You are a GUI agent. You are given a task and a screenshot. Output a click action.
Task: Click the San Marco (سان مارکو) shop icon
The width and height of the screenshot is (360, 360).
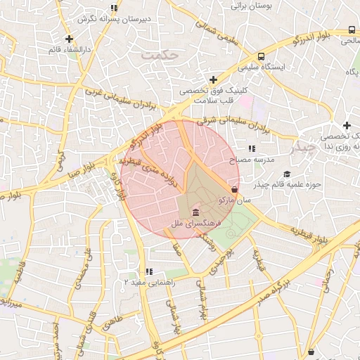pos(234,189)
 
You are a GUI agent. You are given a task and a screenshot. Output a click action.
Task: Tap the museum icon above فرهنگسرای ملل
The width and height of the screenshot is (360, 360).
pos(194,213)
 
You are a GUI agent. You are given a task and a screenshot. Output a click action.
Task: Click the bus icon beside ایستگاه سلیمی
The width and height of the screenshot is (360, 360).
pos(261,57)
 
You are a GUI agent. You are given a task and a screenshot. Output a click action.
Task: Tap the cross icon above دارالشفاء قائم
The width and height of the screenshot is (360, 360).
pos(69,39)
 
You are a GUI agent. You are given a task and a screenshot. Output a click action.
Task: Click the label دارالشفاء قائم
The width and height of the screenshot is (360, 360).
pos(69,50)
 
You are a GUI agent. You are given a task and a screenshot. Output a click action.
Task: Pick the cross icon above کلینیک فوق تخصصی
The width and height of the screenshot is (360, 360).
pos(213,79)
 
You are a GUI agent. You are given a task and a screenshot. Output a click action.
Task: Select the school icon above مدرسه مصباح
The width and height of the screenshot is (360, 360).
pos(252,149)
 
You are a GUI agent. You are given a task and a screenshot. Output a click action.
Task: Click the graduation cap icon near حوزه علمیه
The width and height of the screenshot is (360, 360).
pos(286,174)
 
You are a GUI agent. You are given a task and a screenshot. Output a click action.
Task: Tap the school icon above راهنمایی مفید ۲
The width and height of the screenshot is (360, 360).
pos(148,271)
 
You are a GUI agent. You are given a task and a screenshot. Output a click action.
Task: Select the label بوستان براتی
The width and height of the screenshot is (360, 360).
pos(259,5)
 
